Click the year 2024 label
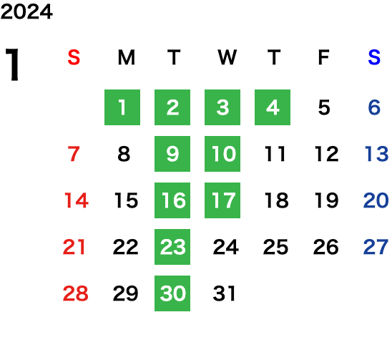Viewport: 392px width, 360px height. click(26, 11)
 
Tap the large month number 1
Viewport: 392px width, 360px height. click(12, 64)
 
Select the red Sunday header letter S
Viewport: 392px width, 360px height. click(74, 57)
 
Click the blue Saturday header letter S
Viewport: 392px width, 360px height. click(374, 57)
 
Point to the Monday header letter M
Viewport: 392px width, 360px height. click(127, 57)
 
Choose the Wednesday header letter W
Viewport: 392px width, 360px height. click(227, 57)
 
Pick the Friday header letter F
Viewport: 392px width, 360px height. click(324, 57)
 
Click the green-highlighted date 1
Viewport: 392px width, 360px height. click(122, 107)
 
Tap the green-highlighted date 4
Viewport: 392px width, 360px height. click(273, 107)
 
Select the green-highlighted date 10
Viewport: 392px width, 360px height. click(222, 154)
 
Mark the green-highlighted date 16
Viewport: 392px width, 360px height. click(172, 200)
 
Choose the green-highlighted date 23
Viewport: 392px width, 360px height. click(172, 247)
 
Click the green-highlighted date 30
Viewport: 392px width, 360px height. click(172, 293)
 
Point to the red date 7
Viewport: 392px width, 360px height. click(74, 154)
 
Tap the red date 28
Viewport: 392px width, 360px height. click(76, 293)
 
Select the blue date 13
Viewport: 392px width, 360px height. click(376, 154)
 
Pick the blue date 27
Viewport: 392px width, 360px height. click(376, 247)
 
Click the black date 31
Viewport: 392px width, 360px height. click(224, 293)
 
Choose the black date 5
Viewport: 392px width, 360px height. click(324, 107)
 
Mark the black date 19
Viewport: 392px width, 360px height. click(326, 200)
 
